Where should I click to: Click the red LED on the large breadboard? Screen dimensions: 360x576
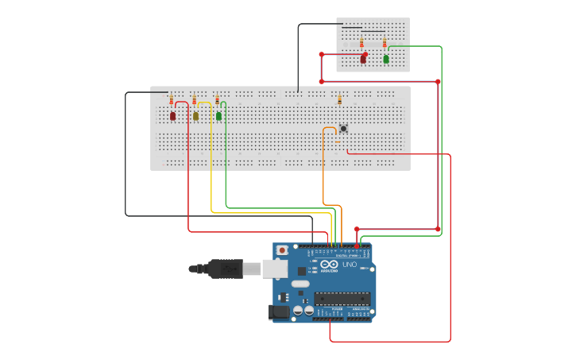(172, 116)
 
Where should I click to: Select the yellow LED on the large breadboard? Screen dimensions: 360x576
(195, 116)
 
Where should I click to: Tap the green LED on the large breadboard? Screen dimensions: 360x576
(218, 116)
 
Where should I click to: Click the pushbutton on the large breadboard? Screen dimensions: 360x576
(343, 128)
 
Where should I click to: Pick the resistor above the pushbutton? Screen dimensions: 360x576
(339, 100)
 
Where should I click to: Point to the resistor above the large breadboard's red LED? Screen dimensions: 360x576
(171, 100)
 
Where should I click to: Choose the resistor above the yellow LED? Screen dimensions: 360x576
(194, 100)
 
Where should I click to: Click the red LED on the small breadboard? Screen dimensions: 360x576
(363, 58)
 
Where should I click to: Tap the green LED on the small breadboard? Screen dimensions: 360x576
(386, 58)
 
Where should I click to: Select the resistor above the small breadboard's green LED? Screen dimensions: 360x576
(385, 43)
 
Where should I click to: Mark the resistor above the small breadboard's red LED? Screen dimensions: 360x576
(361, 43)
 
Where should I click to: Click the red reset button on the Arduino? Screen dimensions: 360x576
(282, 250)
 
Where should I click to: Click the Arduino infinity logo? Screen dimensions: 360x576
(327, 265)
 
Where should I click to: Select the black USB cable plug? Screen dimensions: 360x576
(226, 269)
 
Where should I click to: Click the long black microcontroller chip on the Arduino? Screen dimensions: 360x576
(342, 299)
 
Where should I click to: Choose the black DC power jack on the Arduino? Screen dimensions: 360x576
(278, 312)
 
